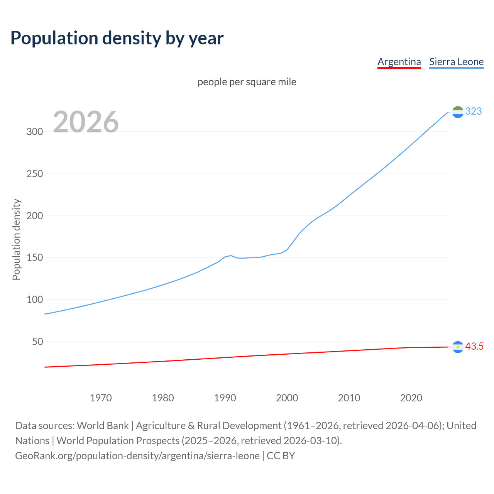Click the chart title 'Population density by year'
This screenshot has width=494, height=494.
point(117,38)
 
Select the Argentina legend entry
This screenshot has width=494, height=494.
point(399,62)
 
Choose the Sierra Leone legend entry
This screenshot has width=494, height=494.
point(456,62)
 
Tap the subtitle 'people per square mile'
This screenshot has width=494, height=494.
point(247,82)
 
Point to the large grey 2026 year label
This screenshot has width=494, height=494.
point(86,122)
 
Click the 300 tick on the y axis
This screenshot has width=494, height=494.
point(35,132)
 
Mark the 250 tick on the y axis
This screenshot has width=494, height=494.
point(35,174)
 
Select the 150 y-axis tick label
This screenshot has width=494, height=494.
point(35,258)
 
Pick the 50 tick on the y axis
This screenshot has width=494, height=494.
point(37,342)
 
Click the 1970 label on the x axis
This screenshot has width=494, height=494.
point(101,398)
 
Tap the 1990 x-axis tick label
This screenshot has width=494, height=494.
point(225,398)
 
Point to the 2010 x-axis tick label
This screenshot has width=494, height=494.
point(349,398)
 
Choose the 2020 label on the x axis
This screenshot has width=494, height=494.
point(411,398)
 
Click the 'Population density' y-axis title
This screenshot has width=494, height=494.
point(16,239)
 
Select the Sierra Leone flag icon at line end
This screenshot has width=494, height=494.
point(458,112)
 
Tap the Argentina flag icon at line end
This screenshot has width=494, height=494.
point(458,347)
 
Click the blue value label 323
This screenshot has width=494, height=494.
point(474,112)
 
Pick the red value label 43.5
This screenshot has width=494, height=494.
point(474,347)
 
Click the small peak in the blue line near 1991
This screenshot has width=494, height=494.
point(231,255)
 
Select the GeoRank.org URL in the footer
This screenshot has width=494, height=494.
point(137,456)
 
